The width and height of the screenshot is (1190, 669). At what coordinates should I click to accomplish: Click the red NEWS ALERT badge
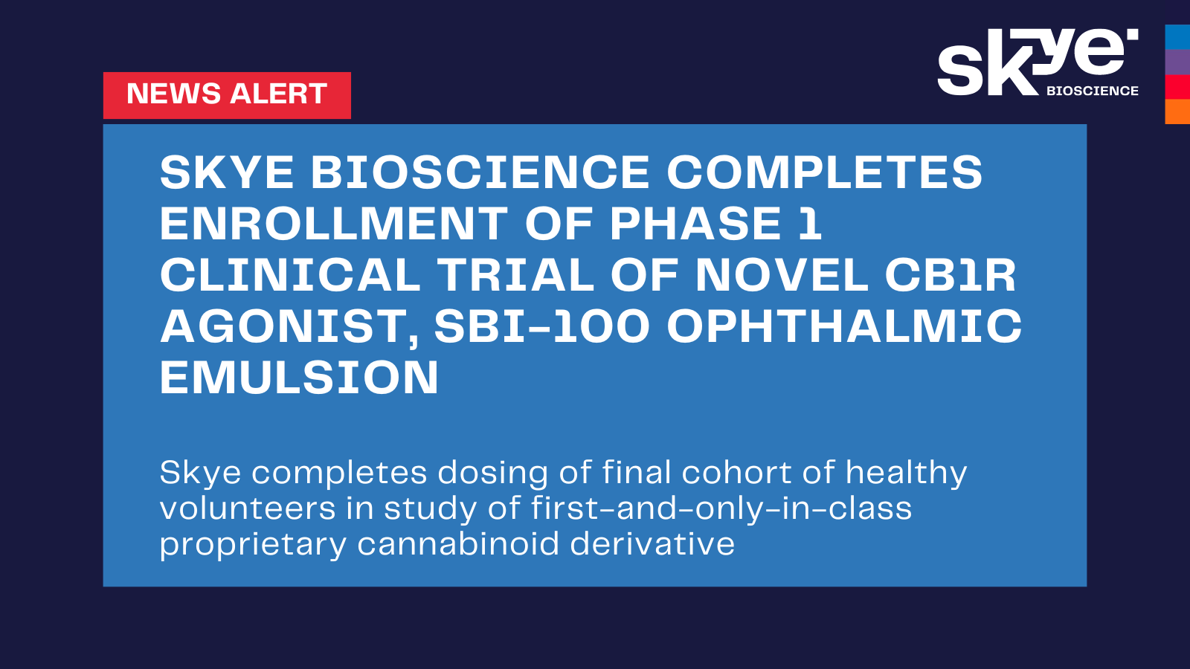click(227, 95)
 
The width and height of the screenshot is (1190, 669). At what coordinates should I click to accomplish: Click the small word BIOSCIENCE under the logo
click(1092, 91)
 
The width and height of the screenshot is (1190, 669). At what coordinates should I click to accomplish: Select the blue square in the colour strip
click(1177, 37)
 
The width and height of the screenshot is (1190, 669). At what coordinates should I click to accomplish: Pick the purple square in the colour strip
click(1177, 62)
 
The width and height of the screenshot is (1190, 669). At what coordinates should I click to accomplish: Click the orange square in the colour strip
click(1177, 111)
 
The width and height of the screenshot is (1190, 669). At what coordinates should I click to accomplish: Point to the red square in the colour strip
click(1177, 87)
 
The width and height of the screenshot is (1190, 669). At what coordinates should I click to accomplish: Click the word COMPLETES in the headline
click(824, 172)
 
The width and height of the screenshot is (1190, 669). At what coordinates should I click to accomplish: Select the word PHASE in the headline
click(695, 224)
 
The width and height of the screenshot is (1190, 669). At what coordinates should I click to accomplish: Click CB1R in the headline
click(950, 275)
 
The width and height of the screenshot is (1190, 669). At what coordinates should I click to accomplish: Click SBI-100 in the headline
click(542, 326)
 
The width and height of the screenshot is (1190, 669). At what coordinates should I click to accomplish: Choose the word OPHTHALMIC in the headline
click(844, 326)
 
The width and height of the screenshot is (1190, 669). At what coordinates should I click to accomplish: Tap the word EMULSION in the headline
click(299, 378)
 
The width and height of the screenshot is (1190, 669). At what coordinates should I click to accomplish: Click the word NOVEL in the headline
click(781, 275)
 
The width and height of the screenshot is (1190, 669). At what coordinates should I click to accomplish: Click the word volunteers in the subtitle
click(248, 509)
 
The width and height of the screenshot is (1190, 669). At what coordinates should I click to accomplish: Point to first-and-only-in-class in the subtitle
click(721, 509)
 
